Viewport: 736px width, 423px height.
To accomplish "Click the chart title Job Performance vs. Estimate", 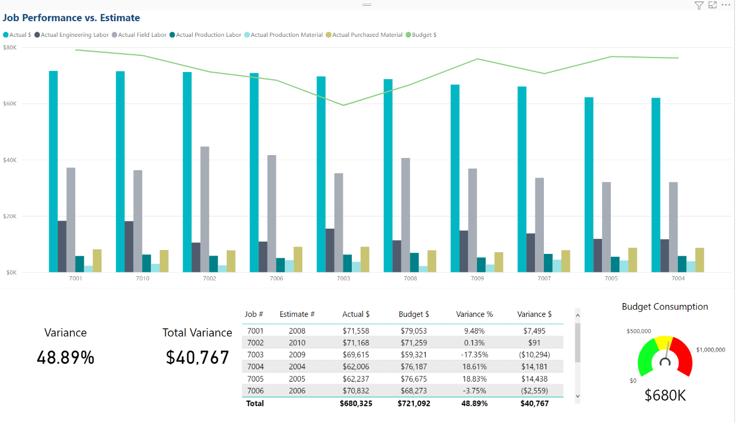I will click(71, 18).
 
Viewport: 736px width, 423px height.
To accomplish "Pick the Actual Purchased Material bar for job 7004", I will click(700, 260).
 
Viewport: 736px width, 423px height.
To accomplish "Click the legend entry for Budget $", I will click(424, 35).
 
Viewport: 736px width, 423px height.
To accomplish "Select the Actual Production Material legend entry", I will click(286, 35).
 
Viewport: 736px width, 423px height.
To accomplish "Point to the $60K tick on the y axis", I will click(9, 104).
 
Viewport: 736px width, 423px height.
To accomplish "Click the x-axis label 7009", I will click(477, 278).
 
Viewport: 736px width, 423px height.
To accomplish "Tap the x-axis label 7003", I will click(343, 278).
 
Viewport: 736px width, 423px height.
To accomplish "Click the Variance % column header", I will click(474, 314).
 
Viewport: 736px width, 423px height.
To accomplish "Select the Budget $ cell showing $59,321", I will click(414, 354).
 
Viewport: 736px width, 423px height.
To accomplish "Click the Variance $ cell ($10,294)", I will click(534, 354).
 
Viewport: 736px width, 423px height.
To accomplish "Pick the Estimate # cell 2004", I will click(297, 367).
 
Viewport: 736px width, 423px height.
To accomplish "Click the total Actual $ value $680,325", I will click(356, 403).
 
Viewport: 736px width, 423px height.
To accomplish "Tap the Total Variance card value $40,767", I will click(197, 358).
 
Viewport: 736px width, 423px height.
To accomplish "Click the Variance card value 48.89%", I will click(65, 358).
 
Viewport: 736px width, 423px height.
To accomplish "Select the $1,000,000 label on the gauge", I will click(710, 350).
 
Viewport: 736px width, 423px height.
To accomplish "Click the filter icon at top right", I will click(699, 5).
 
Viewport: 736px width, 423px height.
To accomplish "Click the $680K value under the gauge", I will click(665, 395).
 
